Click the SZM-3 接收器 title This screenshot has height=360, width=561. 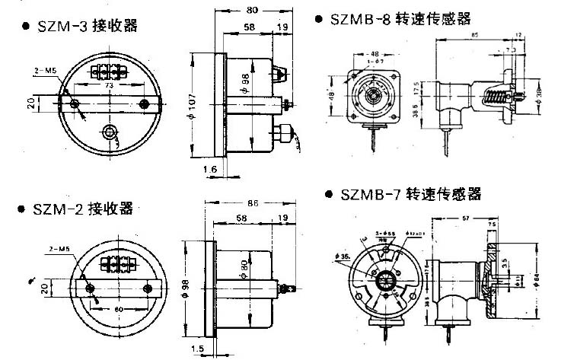coord(88,26)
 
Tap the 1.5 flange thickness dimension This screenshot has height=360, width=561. coord(197,348)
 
